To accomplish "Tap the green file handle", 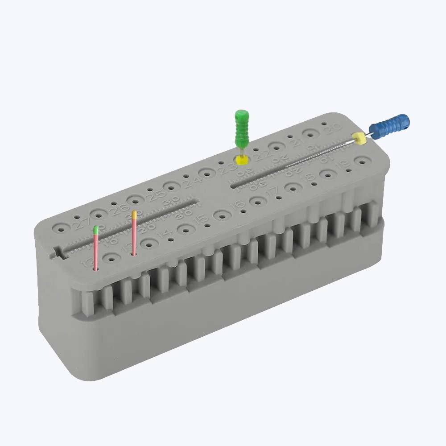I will tap(242, 128).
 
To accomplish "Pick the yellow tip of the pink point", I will tap(134, 214).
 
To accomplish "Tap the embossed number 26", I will tap(117, 208).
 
